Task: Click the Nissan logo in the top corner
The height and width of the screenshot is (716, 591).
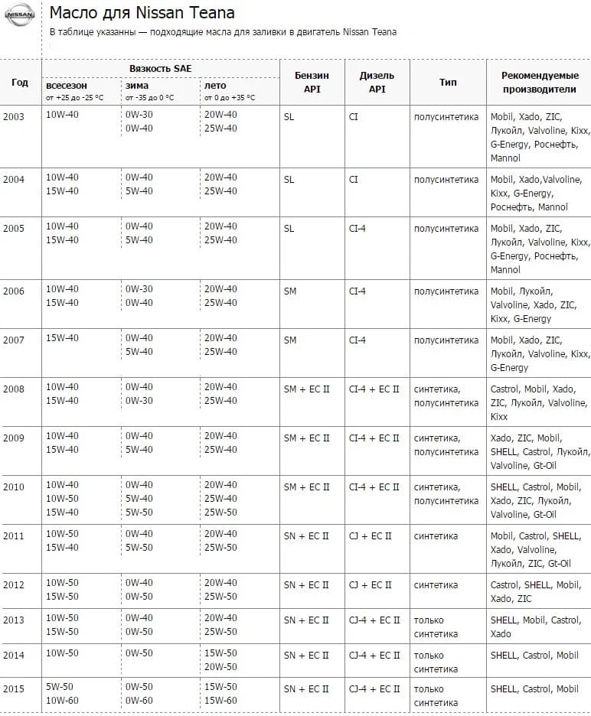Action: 20,15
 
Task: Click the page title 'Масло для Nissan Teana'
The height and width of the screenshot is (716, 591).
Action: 142,13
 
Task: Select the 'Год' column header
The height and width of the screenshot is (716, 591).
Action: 20,83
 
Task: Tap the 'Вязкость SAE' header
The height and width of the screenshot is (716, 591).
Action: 160,69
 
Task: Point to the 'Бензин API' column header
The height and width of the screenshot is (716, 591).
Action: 312,83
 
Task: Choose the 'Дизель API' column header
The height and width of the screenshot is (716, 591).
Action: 377,83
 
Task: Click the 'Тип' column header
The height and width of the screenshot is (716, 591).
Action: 448,83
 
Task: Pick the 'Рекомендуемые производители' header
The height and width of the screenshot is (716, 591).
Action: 538,83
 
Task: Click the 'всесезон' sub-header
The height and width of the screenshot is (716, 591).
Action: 67,86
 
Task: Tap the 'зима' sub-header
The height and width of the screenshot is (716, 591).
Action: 138,86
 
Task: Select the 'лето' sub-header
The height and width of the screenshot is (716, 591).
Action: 215,86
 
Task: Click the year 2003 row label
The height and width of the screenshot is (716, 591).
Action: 14,116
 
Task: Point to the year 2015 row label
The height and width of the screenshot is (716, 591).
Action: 14,689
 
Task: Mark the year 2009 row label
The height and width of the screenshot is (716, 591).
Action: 14,438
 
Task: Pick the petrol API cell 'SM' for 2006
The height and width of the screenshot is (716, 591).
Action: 290,291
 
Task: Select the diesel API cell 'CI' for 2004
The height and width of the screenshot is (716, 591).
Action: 354,180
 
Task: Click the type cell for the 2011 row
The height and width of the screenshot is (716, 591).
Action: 436,536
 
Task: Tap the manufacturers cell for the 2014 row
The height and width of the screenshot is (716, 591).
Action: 534,656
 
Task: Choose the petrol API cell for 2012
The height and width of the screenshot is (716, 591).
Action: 306,585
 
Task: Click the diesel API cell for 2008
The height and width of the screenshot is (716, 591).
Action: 374,389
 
